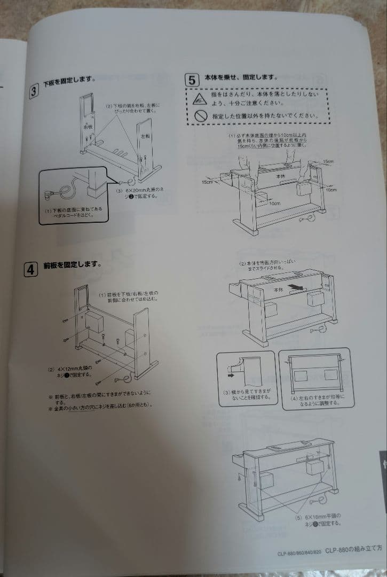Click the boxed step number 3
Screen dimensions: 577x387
pyautogui.click(x=34, y=91)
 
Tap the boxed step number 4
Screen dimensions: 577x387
pyautogui.click(x=30, y=270)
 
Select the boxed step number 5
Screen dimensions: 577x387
pyautogui.click(x=192, y=81)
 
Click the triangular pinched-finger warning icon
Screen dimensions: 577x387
pyautogui.click(x=200, y=97)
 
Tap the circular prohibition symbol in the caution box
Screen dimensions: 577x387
pyautogui.click(x=200, y=115)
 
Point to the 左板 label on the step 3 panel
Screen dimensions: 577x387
pyautogui.click(x=145, y=137)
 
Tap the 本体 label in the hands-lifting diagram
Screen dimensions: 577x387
pyautogui.click(x=281, y=176)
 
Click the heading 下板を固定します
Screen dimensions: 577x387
pyautogui.click(x=69, y=81)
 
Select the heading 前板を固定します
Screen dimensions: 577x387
pyautogui.click(x=72, y=265)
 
